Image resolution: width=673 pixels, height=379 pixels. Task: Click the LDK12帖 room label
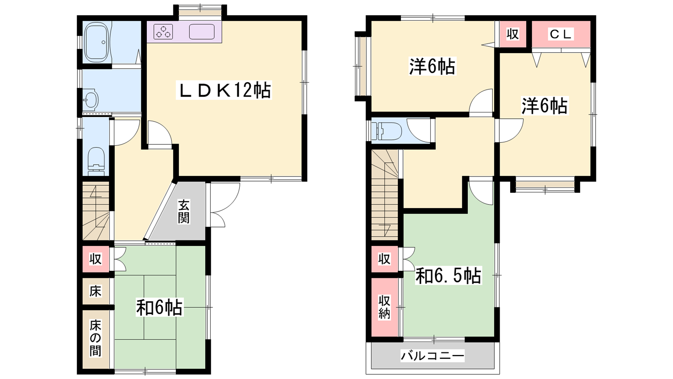[224, 90]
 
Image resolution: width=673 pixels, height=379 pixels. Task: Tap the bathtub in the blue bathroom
[96, 43]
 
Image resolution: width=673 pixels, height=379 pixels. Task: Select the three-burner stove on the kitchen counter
[163, 32]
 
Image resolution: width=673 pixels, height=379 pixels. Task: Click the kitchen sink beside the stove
[201, 32]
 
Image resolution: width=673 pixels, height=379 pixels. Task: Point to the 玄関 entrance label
[183, 212]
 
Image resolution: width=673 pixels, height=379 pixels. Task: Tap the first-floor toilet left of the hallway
[97, 161]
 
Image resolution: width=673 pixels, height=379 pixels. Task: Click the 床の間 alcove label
[95, 339]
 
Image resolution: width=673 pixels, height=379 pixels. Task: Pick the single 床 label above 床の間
[95, 291]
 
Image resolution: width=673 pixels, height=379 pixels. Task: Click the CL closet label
[560, 34]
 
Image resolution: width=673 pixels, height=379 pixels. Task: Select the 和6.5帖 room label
[448, 275]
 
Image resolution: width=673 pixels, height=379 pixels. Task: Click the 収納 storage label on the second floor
[384, 307]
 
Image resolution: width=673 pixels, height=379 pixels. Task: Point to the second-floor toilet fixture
[387, 131]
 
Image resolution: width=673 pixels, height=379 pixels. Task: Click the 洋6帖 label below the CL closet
[544, 106]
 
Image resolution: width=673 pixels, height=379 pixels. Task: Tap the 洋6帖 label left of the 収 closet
[432, 66]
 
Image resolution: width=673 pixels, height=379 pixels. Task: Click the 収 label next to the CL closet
[513, 34]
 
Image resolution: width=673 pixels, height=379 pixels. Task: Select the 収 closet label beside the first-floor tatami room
[95, 259]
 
